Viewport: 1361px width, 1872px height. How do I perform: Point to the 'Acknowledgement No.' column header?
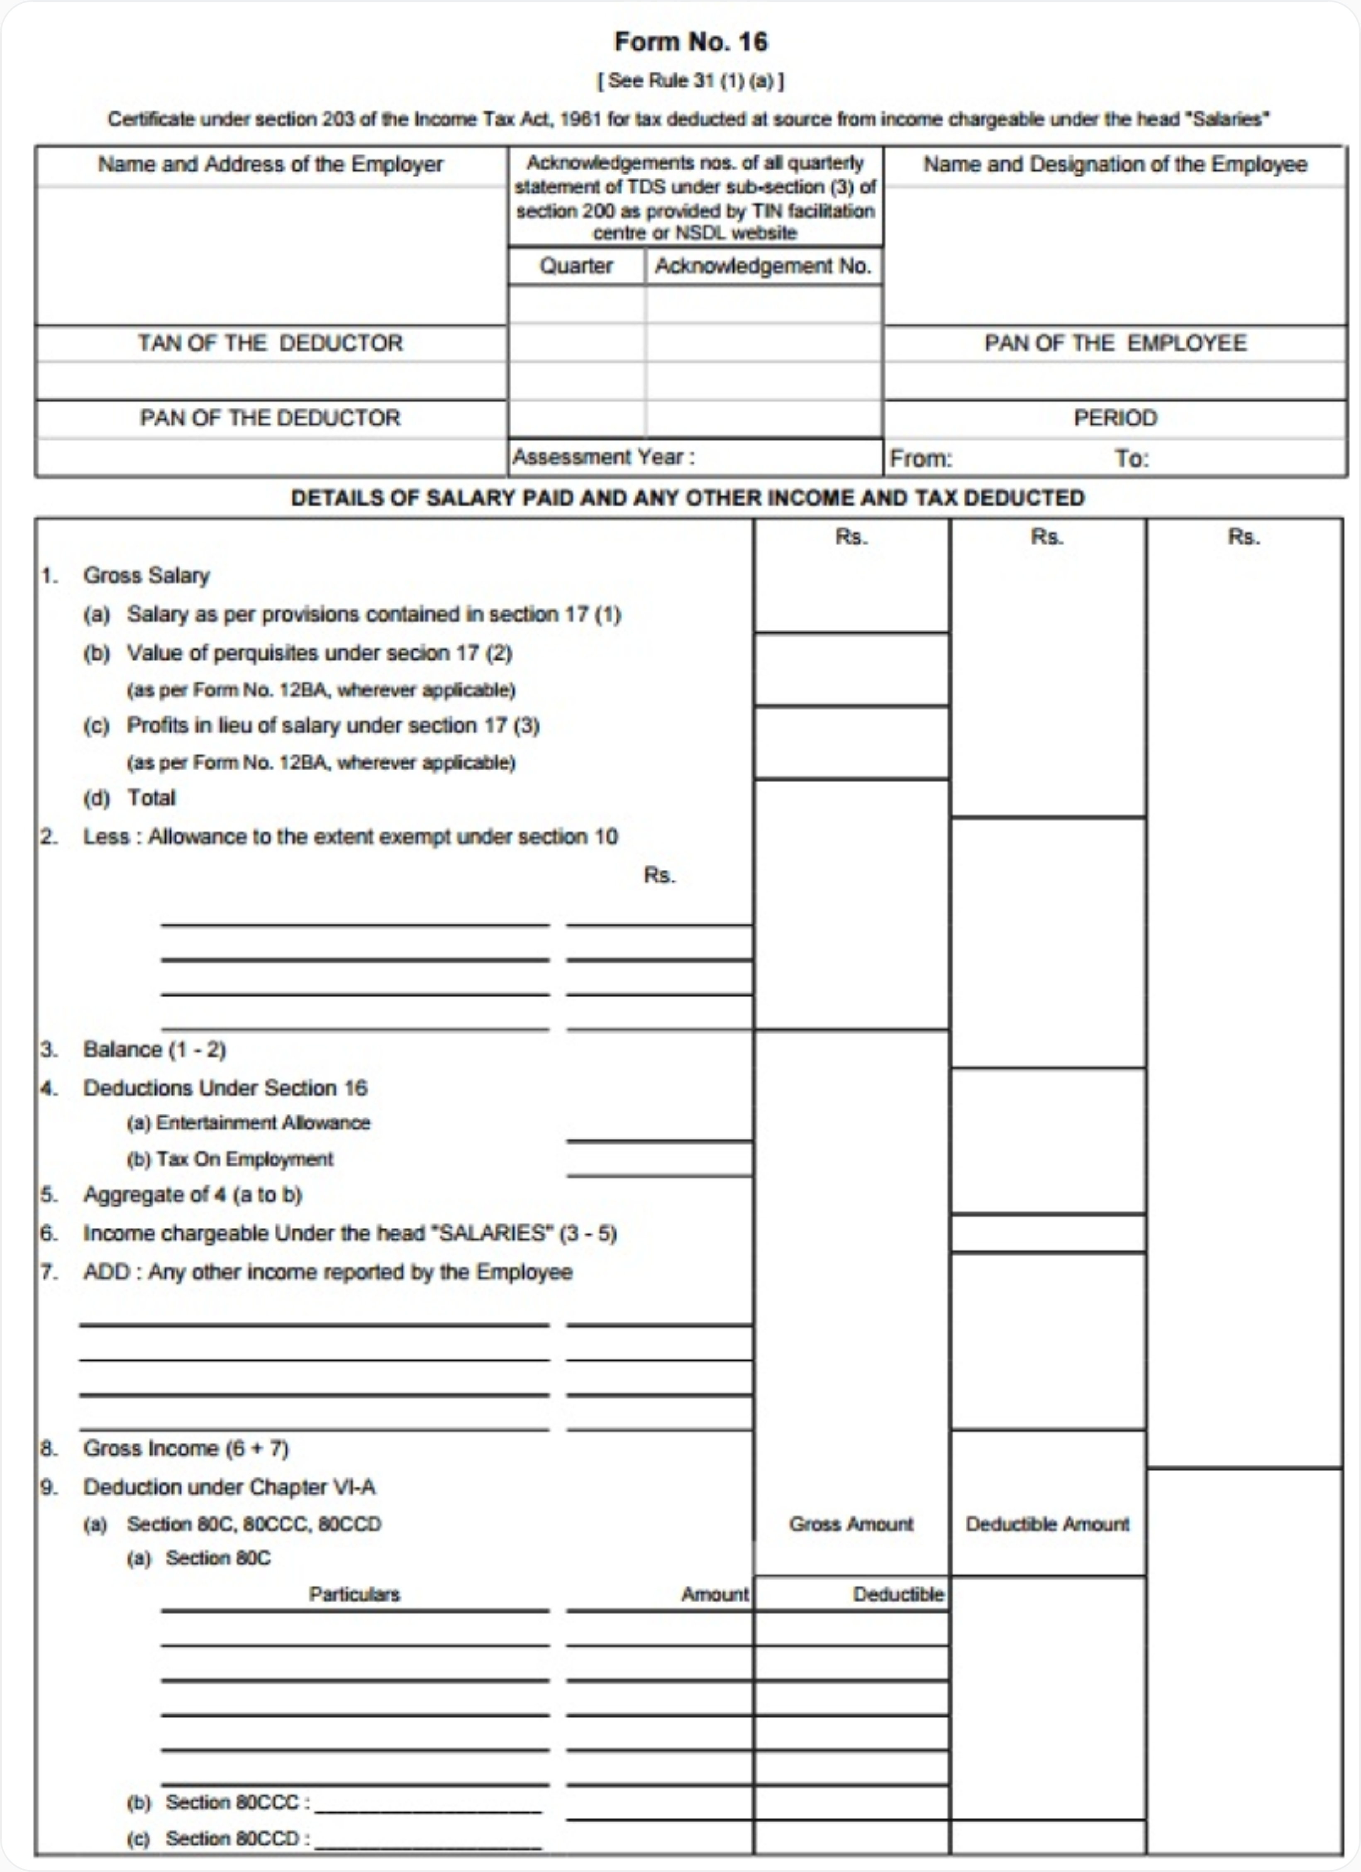763,266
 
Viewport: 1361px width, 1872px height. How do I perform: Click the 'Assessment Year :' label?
603,457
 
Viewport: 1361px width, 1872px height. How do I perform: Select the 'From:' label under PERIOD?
920,459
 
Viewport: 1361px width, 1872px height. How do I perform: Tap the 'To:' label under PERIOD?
1132,459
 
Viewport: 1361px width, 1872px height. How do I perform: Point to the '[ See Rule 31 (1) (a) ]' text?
691,81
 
